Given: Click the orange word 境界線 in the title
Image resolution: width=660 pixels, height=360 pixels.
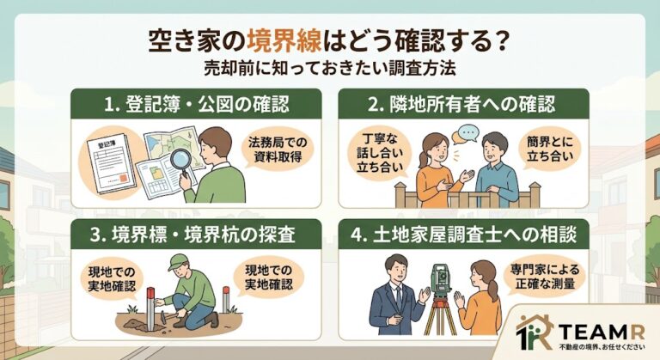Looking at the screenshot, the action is [x=284, y=42].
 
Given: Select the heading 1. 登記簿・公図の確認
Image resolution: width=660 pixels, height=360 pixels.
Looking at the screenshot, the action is [x=197, y=105].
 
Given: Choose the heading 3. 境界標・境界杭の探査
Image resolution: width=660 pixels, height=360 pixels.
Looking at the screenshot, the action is [x=192, y=235].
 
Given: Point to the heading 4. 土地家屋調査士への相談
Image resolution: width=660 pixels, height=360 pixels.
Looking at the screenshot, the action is [x=463, y=235].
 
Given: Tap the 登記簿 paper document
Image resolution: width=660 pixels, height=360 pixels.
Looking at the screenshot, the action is [x=111, y=163].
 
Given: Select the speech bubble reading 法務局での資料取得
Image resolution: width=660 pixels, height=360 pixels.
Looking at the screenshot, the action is [x=278, y=149].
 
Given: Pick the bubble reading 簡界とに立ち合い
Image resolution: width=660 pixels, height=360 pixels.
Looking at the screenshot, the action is [x=550, y=149].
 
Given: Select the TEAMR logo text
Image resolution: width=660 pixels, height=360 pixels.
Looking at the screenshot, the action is [x=602, y=333].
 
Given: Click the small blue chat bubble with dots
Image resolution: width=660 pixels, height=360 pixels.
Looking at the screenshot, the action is [x=468, y=133].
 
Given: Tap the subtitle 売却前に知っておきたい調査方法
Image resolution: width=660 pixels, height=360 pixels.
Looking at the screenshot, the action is [x=330, y=69].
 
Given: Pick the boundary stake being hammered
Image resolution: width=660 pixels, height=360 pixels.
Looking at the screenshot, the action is [x=150, y=308].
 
